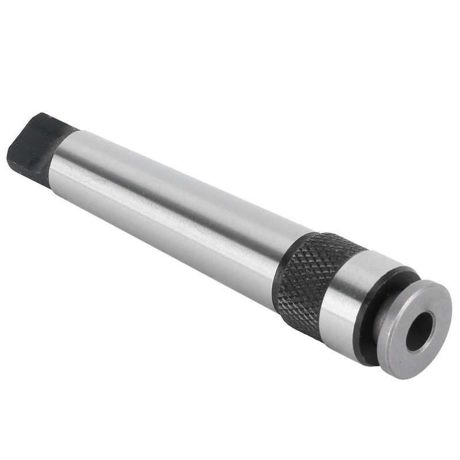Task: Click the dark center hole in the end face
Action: point(419,331)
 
